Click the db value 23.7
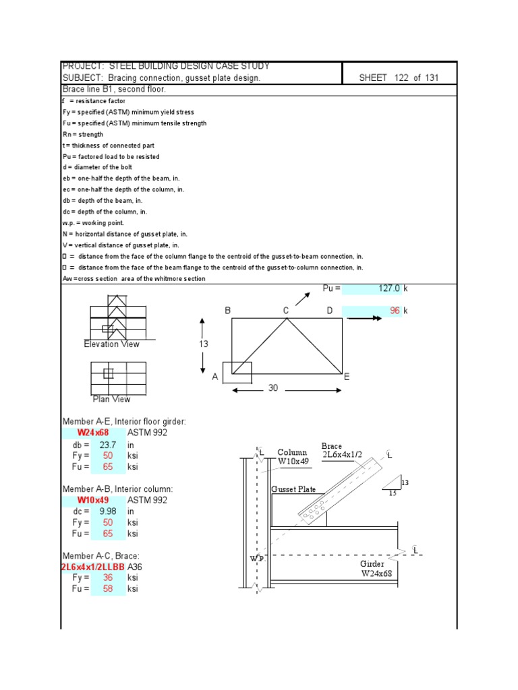coord(108,445)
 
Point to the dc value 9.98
coord(108,511)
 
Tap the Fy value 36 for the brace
coord(108,578)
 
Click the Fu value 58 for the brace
coord(108,589)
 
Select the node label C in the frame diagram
coord(286,311)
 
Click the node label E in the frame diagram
coord(347,377)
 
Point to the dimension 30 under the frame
coord(273,388)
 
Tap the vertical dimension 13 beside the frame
coord(203,344)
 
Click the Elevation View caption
coord(111,344)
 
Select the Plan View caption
coord(111,400)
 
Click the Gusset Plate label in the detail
coord(293,490)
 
